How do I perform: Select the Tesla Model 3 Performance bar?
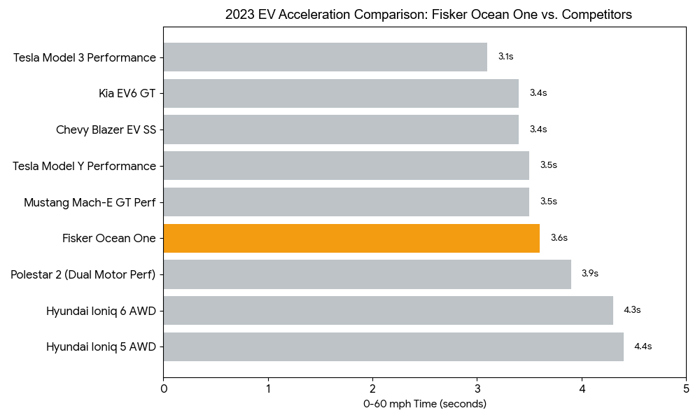(325, 57)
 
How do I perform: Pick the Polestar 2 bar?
(367, 274)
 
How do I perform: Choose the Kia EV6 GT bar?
(341, 93)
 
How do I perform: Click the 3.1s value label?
(505, 57)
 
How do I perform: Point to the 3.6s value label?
(559, 238)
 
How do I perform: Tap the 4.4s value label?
(643, 346)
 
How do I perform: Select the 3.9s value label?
(589, 274)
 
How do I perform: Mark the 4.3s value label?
(632, 310)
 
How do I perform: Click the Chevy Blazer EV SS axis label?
(106, 129)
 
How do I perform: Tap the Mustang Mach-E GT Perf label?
(90, 202)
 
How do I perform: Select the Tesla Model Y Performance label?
(84, 166)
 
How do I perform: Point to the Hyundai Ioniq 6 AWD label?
(101, 310)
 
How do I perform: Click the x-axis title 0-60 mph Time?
(424, 404)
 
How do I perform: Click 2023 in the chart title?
(238, 14)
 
